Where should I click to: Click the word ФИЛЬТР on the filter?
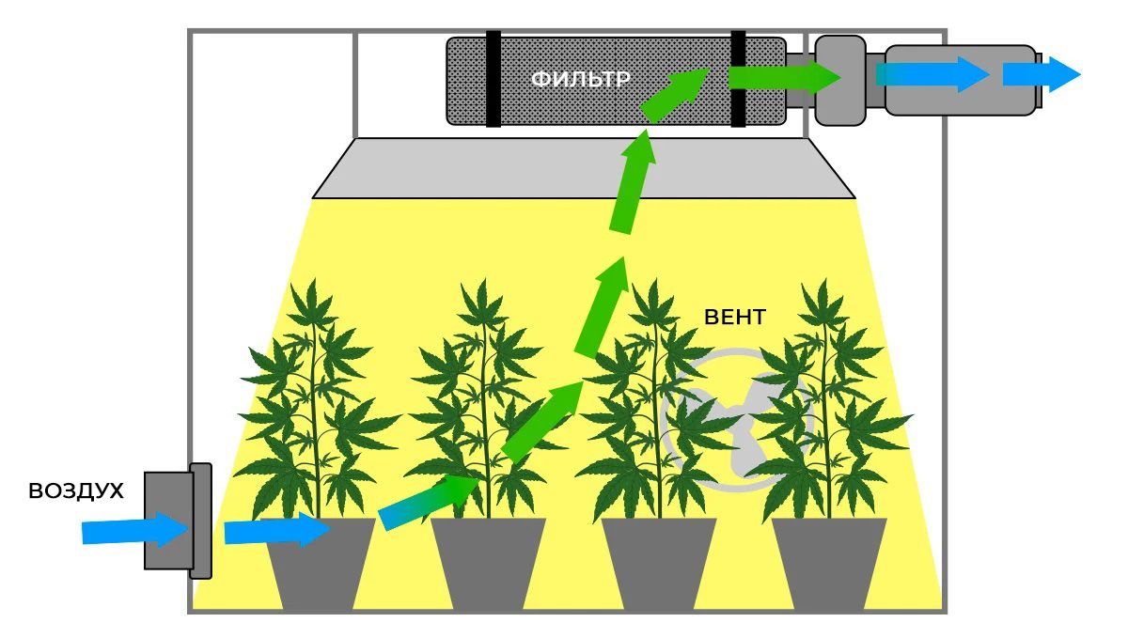[x=580, y=80]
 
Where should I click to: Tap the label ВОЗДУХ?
[x=76, y=491]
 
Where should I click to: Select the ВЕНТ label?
[x=734, y=317]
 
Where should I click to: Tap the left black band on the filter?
[x=493, y=79]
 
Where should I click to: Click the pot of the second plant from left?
[x=488, y=564]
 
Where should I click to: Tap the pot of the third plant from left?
[x=659, y=564]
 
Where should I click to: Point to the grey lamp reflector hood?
[x=583, y=168]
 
